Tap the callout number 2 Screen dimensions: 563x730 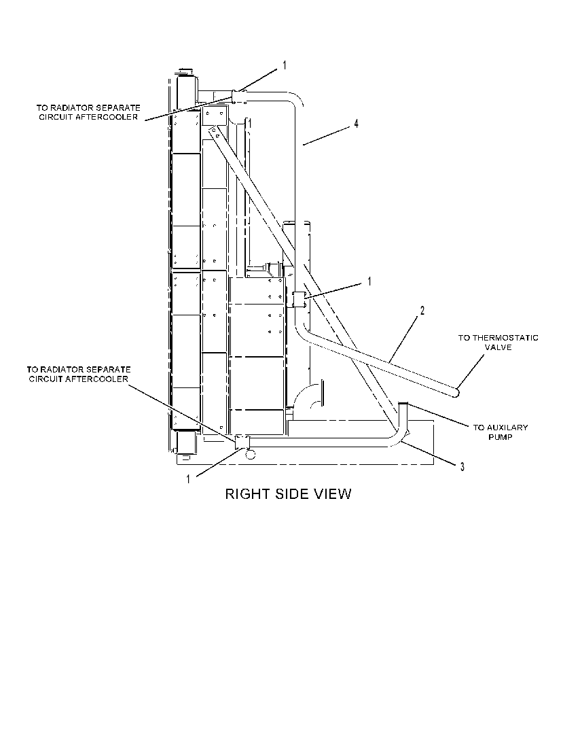(x=422, y=311)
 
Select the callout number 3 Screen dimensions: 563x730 (x=462, y=466)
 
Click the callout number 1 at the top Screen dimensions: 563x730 (x=285, y=66)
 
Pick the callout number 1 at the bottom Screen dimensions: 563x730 (x=188, y=479)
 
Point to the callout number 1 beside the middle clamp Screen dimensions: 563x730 (x=369, y=281)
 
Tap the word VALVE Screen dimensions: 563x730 (x=498, y=347)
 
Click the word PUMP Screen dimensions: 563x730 (x=501, y=437)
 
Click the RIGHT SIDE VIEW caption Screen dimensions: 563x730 (x=288, y=493)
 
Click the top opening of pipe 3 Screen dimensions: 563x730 (x=403, y=404)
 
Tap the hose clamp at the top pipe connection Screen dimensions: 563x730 (x=239, y=97)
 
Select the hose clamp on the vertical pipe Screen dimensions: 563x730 (x=298, y=299)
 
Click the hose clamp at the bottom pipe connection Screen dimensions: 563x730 (x=242, y=442)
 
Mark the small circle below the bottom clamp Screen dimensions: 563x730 (x=250, y=454)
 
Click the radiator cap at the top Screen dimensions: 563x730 (x=185, y=71)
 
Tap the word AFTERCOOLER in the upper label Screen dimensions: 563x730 (x=107, y=117)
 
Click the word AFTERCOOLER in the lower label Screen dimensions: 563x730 (x=97, y=379)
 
